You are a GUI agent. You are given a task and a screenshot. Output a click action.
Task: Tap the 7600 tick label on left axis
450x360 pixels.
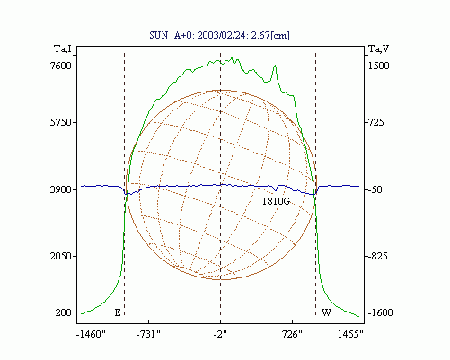coord(61,66)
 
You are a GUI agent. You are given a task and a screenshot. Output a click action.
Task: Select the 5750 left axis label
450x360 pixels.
coord(61,122)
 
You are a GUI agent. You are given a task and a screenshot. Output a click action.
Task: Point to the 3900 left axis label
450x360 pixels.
coord(61,189)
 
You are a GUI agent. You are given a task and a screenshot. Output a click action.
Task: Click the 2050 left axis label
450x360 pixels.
coord(61,256)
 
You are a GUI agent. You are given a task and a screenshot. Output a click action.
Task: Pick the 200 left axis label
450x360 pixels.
coord(64,312)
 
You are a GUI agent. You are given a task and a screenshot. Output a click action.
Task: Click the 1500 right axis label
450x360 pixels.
coord(378,66)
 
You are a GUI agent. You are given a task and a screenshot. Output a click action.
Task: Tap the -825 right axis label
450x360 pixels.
coord(377,256)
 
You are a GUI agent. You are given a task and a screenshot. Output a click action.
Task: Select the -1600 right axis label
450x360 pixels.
coord(380,312)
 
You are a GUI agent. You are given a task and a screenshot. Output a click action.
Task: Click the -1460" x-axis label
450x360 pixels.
coord(91,334)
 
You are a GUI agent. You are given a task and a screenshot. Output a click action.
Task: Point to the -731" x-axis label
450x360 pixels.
coord(148,334)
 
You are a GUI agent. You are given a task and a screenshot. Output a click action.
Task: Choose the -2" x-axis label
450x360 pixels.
coord(220,334)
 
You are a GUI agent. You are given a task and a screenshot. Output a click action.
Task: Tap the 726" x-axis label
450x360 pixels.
coord(292,334)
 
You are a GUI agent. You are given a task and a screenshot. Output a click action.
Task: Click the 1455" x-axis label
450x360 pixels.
coord(350,334)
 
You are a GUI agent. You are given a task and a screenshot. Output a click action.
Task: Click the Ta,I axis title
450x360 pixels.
coord(63,48)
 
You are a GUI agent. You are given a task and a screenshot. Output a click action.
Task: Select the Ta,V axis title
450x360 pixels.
coord(378,48)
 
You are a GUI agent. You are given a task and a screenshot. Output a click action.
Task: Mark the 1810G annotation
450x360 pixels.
coord(276,201)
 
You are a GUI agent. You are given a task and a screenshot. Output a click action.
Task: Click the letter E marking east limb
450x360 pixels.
coord(118,312)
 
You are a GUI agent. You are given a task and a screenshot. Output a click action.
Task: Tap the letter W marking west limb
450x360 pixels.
coord(326,312)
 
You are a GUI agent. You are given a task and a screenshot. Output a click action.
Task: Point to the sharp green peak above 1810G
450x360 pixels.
coord(275,66)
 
